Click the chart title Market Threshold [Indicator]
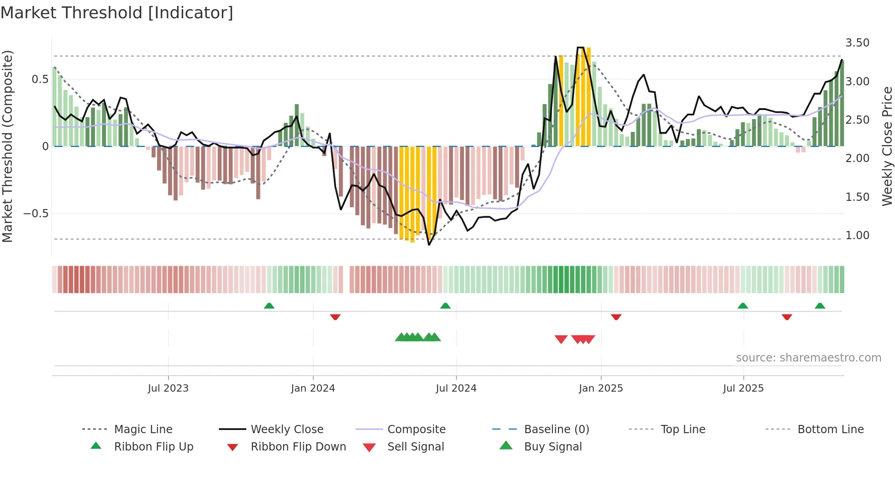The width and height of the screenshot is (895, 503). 117,13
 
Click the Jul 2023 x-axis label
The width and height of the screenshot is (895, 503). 168,388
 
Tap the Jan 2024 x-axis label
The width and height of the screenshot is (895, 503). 313,388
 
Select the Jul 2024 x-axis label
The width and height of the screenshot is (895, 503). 456,388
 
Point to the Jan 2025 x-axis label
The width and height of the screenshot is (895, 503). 600,388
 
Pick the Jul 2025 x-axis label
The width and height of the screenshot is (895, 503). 743,388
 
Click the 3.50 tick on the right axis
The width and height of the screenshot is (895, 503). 857,43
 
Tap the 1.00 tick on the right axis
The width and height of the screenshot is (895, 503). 857,236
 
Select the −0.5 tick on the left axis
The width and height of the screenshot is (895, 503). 36,214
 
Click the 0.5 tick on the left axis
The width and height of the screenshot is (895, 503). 40,79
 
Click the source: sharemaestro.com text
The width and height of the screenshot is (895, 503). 808,358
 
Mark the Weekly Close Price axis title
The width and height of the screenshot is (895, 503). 887,146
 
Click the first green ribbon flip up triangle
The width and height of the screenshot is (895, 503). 269,306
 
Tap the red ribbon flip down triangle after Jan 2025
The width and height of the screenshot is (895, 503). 616,317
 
